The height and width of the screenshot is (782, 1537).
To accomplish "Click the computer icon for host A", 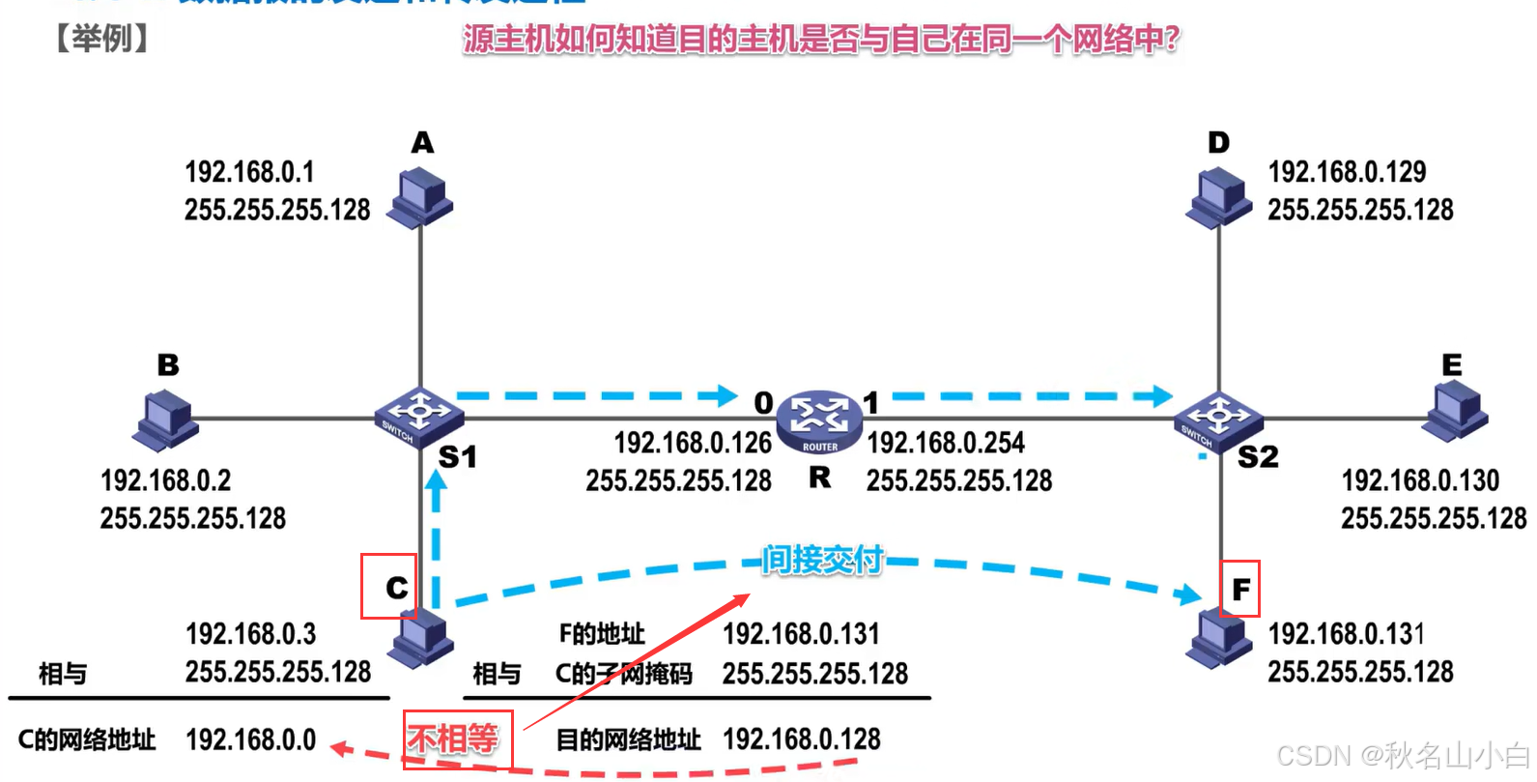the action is [420, 197].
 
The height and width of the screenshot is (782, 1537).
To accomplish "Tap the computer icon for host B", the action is [166, 420].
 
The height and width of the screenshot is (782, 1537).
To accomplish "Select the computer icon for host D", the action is [1219, 197].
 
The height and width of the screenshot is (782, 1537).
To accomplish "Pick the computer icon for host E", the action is [1457, 412].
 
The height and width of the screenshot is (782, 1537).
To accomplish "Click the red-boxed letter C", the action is [396, 588].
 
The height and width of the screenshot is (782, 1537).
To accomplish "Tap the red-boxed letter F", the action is [1240, 589].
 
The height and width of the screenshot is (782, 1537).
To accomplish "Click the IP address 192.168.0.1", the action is [249, 172].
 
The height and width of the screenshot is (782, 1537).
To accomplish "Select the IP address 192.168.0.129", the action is [1347, 172].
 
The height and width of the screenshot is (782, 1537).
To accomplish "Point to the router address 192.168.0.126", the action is [693, 443].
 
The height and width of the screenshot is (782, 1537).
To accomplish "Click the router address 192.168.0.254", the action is [946, 443].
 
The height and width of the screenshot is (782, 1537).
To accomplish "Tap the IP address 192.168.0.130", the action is [1420, 480].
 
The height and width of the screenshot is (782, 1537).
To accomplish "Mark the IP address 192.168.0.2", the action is [165, 480].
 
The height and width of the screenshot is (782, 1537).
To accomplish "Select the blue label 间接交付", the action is [822, 560].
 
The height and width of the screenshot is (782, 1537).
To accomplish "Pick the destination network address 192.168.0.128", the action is [802, 739].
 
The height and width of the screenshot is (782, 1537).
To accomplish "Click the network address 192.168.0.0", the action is [250, 739].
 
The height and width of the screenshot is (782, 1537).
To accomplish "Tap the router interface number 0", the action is [763, 402].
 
